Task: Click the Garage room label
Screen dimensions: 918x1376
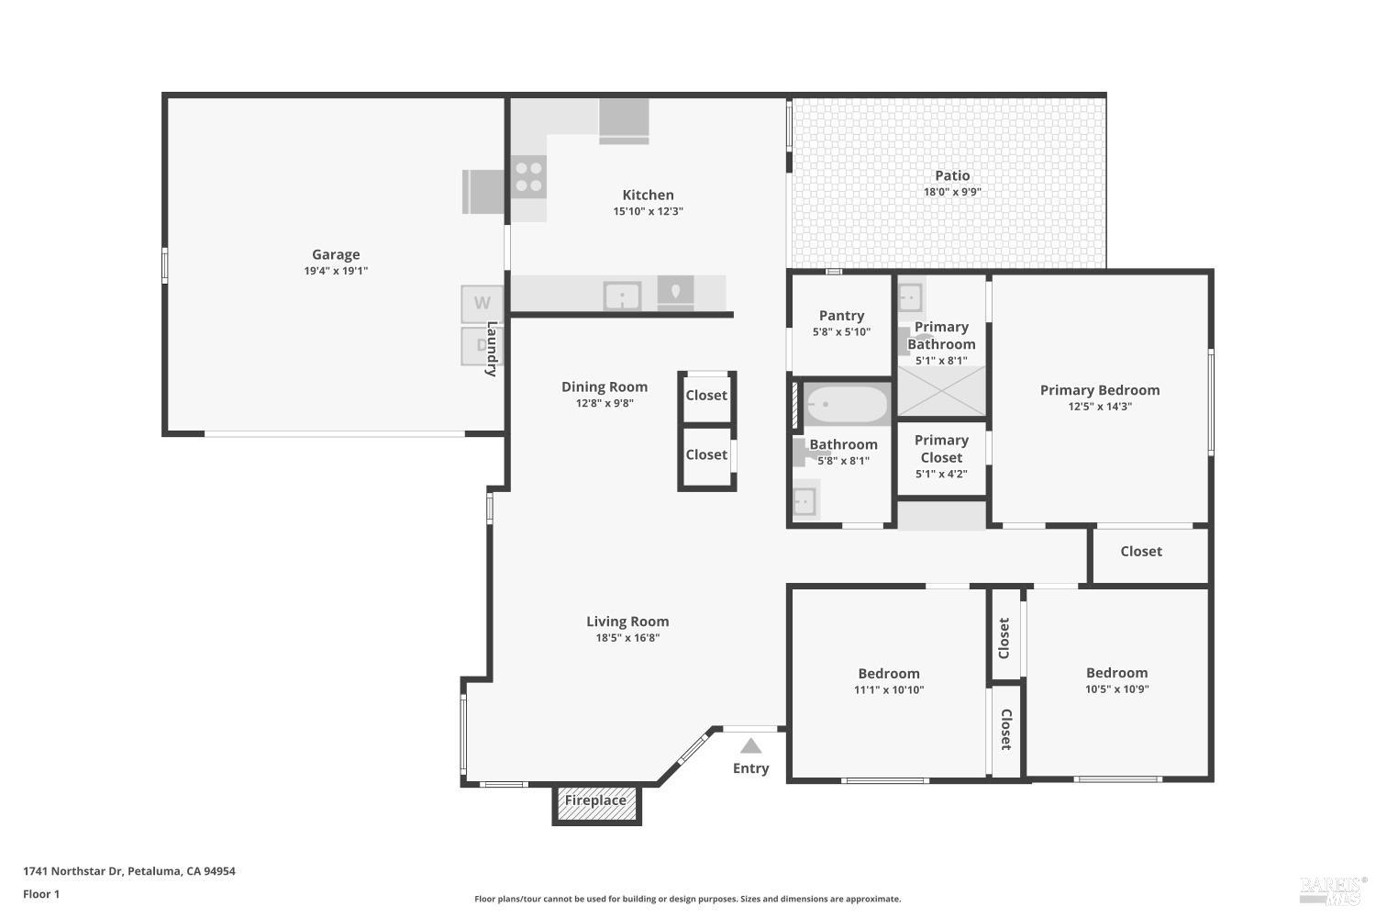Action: click(336, 254)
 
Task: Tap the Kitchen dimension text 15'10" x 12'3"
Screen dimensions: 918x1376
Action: click(648, 211)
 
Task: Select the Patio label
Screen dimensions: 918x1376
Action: click(952, 175)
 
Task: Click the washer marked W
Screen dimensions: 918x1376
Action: click(482, 303)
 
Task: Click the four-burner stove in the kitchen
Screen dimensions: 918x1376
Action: click(528, 176)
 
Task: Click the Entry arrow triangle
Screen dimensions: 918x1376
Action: click(750, 745)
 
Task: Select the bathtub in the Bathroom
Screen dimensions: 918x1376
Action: click(846, 404)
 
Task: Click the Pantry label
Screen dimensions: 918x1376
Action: click(841, 315)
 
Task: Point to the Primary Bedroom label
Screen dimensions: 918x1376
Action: click(1099, 390)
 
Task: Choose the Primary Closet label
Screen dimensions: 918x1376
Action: click(941, 449)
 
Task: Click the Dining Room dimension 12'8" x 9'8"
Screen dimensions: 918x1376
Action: click(605, 403)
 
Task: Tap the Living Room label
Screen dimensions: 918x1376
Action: click(627, 621)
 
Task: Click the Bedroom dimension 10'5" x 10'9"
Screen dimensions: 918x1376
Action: click(1116, 688)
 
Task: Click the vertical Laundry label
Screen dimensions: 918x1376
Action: click(492, 349)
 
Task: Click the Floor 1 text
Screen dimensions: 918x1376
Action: click(41, 894)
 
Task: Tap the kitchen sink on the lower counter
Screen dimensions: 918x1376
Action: click(621, 296)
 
